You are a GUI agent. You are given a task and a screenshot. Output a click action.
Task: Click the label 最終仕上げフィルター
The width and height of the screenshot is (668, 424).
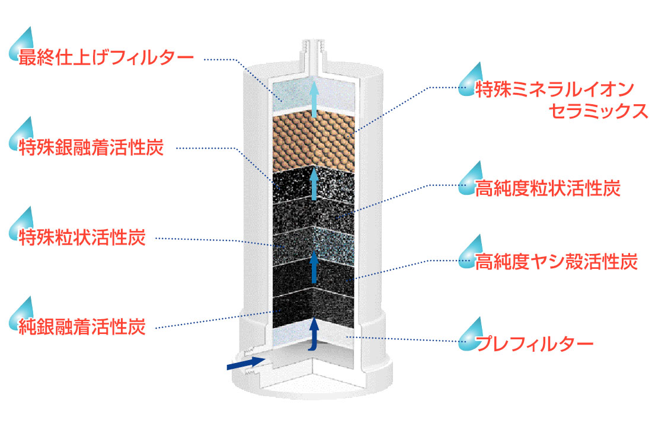[106, 57]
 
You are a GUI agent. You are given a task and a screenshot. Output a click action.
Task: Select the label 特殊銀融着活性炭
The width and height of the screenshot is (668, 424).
[91, 147]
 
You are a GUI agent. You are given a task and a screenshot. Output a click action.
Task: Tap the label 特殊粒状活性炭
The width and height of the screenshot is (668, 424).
[82, 237]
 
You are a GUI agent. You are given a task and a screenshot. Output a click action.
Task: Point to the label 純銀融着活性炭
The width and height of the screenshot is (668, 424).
[82, 326]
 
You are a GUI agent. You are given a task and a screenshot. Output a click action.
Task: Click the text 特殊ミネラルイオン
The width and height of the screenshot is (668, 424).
[555, 89]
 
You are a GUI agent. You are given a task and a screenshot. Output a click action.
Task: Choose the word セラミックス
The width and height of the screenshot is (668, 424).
[598, 111]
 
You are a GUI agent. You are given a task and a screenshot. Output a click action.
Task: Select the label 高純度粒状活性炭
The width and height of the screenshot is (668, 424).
[548, 188]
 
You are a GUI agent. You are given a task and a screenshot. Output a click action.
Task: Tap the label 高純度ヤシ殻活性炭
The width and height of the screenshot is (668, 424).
[556, 261]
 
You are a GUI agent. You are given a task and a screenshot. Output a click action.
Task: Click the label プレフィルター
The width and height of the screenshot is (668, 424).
[534, 343]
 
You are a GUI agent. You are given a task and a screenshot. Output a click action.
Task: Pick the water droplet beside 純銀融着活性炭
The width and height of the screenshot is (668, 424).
[22, 314]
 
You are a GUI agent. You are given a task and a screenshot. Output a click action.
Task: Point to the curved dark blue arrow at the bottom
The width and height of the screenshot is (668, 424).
[314, 335]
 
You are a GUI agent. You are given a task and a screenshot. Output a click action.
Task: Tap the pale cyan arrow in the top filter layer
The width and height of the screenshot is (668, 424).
[314, 99]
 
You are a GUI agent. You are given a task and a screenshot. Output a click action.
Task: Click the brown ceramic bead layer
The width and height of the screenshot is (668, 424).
[314, 143]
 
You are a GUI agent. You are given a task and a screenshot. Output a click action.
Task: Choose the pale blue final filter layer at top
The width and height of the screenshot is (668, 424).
[314, 95]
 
